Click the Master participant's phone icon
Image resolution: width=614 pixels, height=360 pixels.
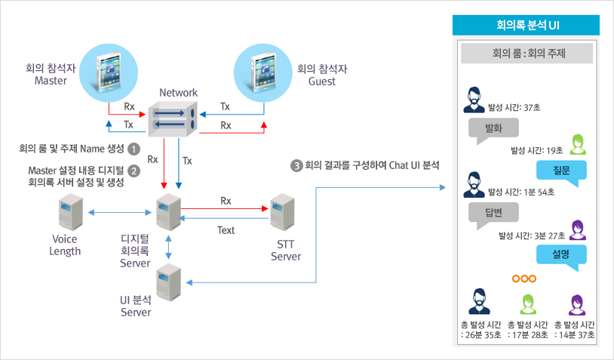[108, 73]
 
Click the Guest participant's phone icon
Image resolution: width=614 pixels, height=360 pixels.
[262, 73]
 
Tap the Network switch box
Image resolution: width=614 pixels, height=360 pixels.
[173, 118]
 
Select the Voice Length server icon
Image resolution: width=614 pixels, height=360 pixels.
[71, 212]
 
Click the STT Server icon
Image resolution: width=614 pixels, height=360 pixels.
[282, 212]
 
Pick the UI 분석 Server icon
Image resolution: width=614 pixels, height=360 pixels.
[169, 282]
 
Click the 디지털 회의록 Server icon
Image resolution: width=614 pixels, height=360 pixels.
[169, 212]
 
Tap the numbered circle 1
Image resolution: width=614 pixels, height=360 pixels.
[134, 149]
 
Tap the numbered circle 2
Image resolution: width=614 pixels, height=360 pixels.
[134, 171]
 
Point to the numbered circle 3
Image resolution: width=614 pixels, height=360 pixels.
[296, 166]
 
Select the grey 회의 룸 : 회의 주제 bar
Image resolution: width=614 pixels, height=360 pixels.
[527, 54]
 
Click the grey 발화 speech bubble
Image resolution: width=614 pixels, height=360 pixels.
[493, 131]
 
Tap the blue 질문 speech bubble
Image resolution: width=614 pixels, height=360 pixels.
[561, 173]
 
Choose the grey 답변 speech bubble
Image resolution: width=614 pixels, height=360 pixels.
[493, 215]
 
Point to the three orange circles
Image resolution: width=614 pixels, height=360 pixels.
[524, 278]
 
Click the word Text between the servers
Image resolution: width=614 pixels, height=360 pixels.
[226, 230]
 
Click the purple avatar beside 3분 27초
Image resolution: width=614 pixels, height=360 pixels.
[578, 230]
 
